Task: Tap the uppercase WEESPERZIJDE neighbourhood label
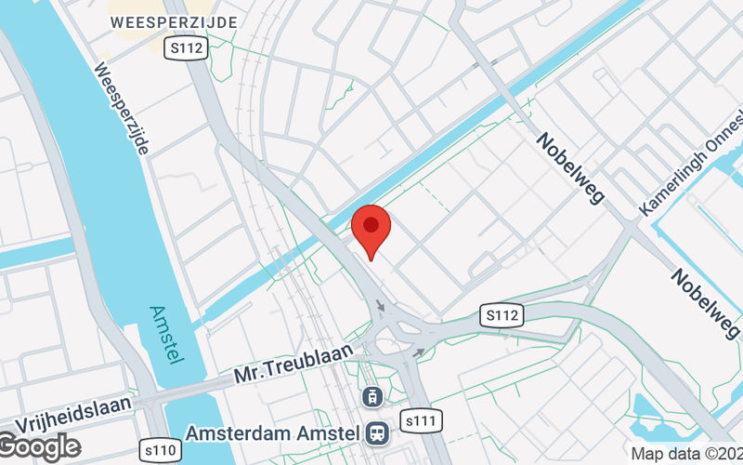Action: (x=172, y=21)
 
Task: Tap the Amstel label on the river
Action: (x=168, y=336)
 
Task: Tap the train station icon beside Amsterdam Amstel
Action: (x=377, y=432)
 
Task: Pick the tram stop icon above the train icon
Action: (x=372, y=396)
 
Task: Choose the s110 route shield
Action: (x=159, y=450)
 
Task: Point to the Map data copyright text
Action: (x=685, y=454)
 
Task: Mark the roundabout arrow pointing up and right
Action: (x=419, y=352)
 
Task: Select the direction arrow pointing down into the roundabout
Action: (x=381, y=306)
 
